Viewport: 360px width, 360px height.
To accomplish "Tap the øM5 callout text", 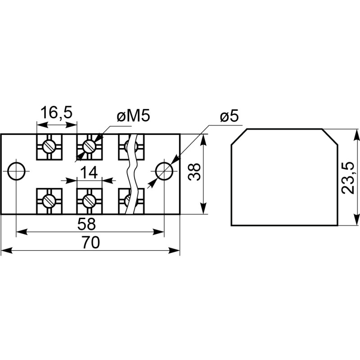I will pos(133,117).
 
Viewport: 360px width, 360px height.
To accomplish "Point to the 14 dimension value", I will pos(89,172).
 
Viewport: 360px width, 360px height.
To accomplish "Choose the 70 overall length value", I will pos(90,243).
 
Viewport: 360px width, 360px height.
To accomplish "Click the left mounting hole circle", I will pos(17,171).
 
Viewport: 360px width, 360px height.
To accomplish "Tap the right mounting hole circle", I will pos(164,171).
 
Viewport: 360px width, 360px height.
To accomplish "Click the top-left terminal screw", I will pos(49,146).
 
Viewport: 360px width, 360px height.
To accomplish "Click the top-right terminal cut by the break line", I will pos(130,146).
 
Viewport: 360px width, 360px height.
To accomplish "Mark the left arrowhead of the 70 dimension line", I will pos(4,251).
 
